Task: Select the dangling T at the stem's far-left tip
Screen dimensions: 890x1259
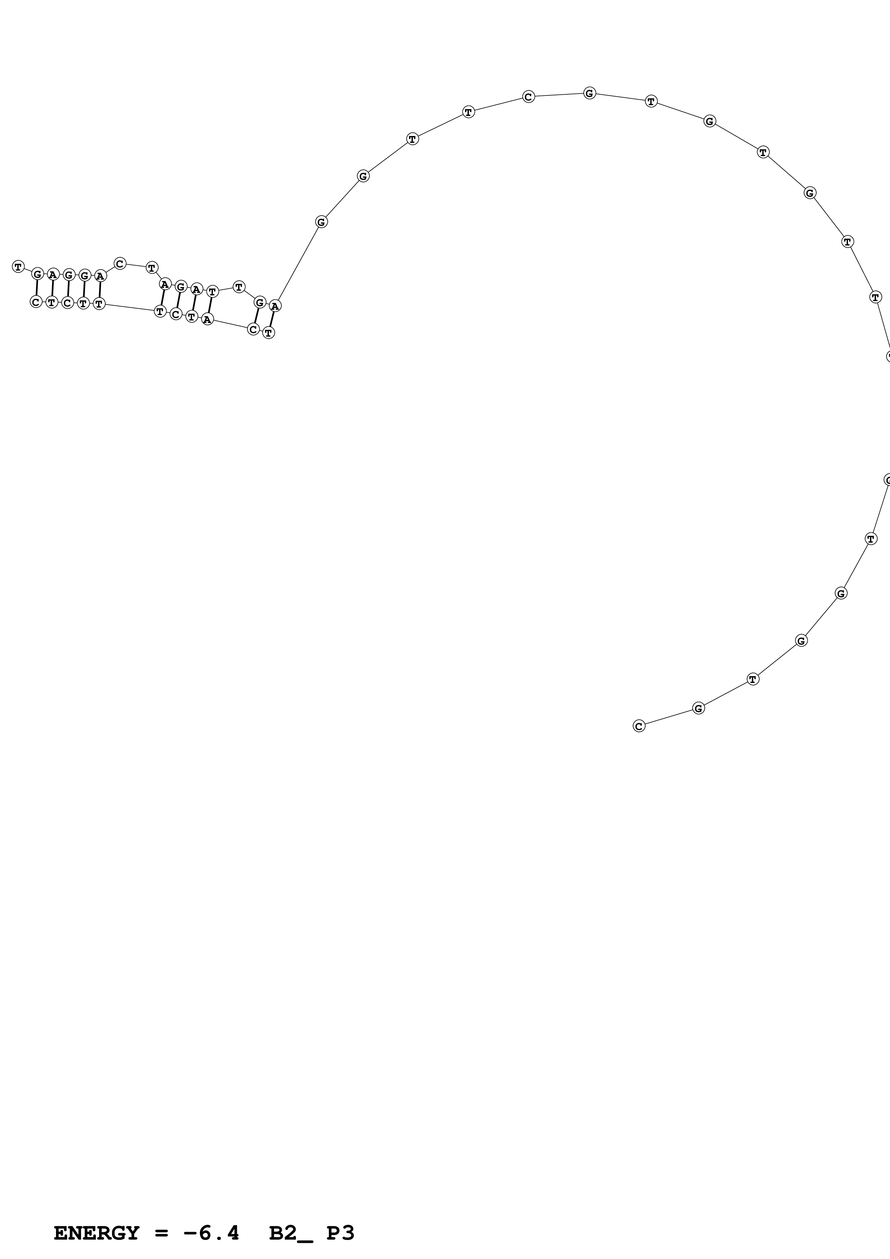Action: pyautogui.click(x=18, y=267)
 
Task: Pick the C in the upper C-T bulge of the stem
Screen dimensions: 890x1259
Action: pyautogui.click(x=120, y=264)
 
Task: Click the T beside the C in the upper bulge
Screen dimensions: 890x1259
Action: pyautogui.click(x=152, y=268)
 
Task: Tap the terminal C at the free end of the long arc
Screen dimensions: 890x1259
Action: pyautogui.click(x=639, y=726)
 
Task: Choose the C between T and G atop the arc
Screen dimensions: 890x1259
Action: pyautogui.click(x=528, y=97)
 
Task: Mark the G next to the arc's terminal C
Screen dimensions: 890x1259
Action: pyautogui.click(x=698, y=708)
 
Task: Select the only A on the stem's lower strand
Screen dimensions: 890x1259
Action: pyautogui.click(x=207, y=319)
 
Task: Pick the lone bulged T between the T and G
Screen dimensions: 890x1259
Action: pyautogui.click(x=238, y=287)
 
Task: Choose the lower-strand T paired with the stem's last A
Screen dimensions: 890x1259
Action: pyautogui.click(x=269, y=332)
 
